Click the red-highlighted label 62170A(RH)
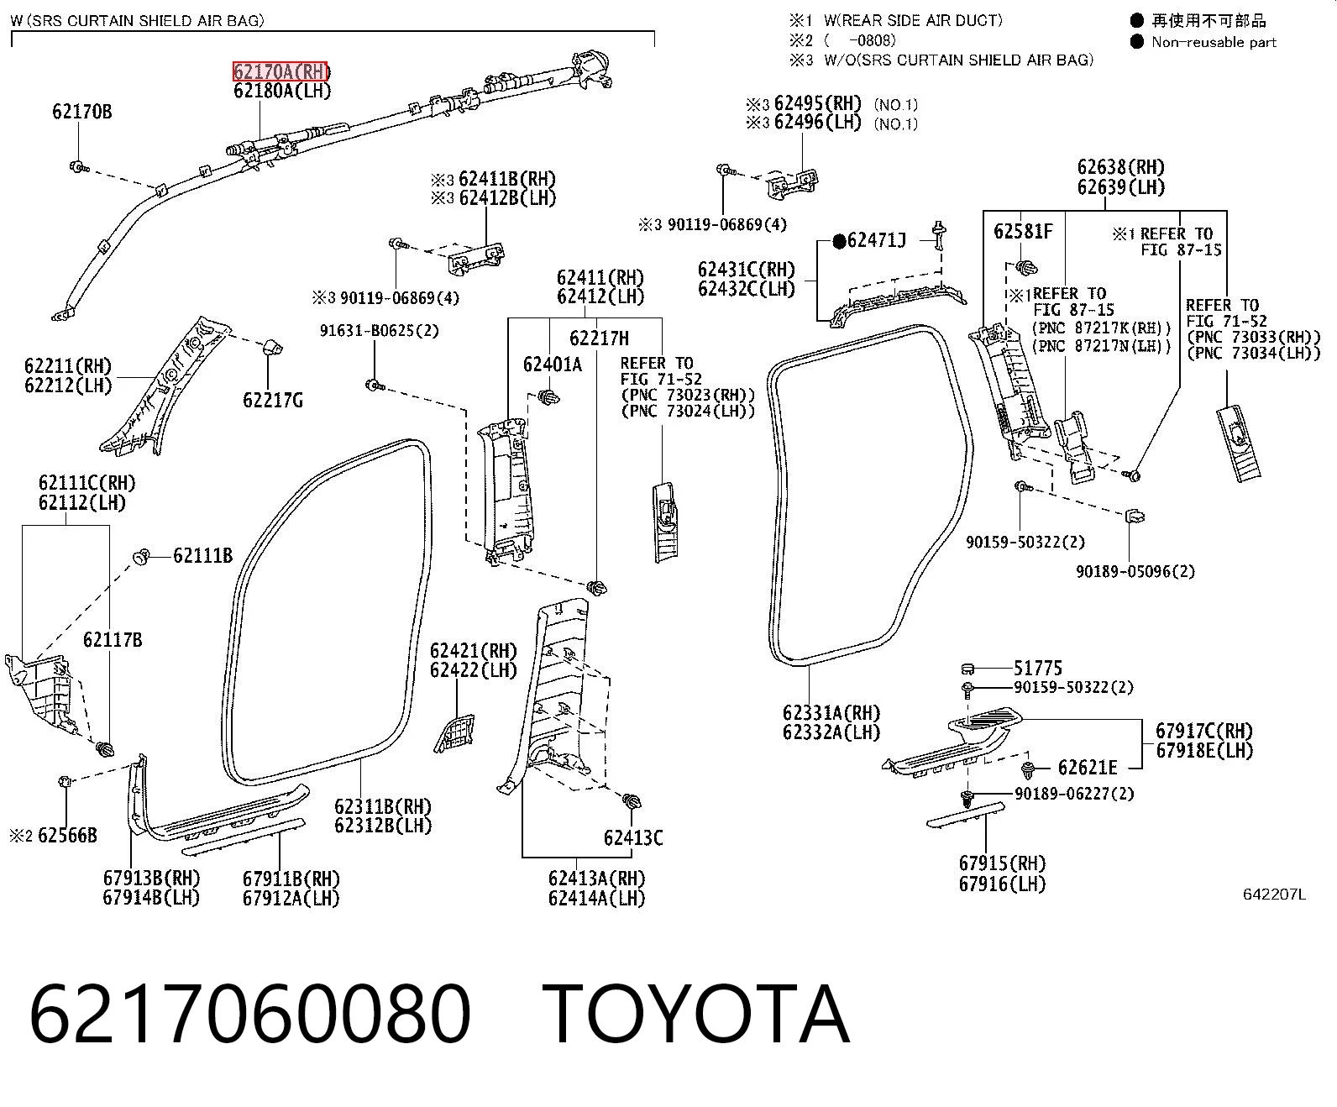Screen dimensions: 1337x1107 281,71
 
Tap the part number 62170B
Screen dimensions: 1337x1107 82,112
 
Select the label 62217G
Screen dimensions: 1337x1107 273,401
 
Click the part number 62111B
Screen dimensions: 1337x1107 203,555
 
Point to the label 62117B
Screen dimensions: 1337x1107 113,639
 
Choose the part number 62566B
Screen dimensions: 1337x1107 67,836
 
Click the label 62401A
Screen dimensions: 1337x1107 553,365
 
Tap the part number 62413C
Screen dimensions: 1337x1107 633,837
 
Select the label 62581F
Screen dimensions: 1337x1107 1023,231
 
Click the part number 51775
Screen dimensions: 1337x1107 1038,669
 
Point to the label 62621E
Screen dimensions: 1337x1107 1088,767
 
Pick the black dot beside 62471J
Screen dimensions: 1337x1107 839,242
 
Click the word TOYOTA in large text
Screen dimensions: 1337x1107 696,1014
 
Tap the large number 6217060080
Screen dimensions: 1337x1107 249,1014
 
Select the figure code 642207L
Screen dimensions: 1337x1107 1274,895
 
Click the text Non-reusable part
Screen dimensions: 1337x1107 1214,42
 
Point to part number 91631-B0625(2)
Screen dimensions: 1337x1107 379,331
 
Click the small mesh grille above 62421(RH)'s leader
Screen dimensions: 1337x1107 454,733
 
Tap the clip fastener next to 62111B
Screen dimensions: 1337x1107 141,557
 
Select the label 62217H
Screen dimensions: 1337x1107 600,338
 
